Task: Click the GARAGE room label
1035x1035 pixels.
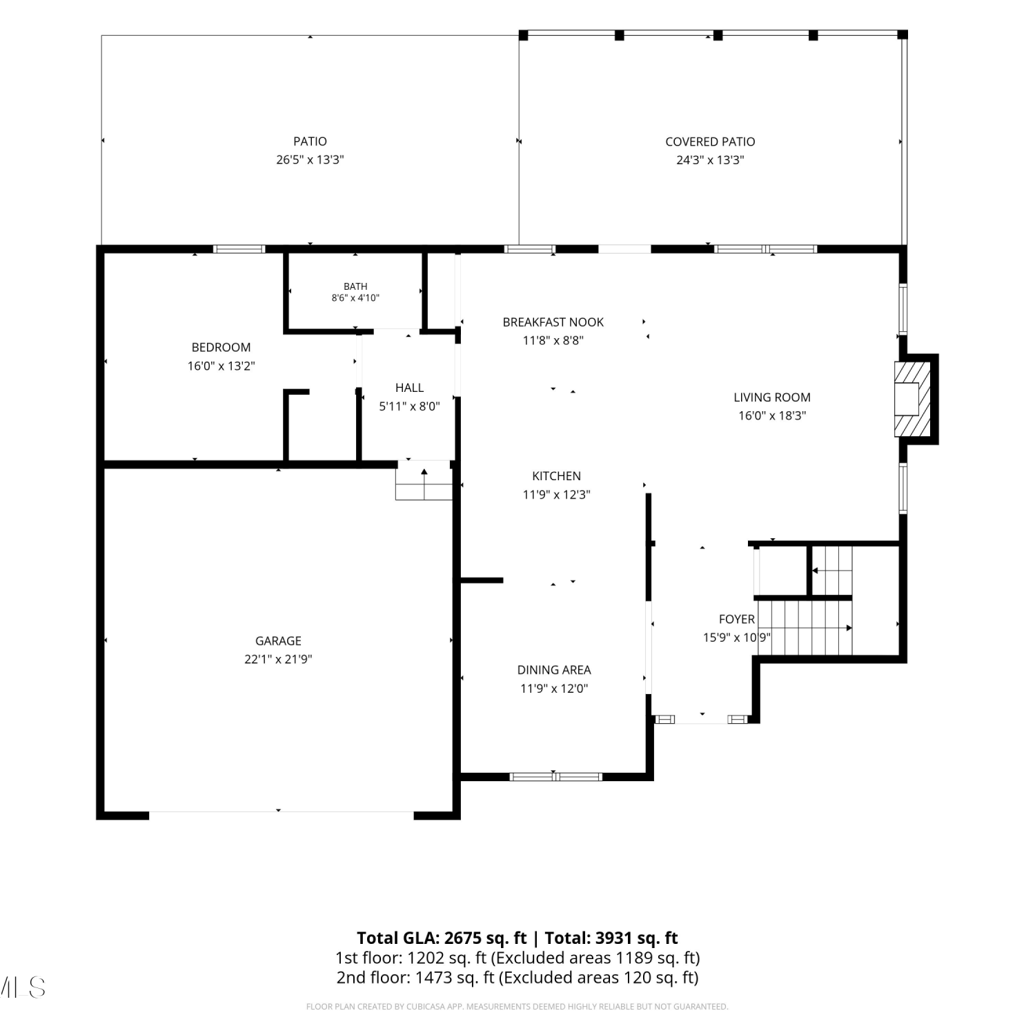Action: click(x=278, y=641)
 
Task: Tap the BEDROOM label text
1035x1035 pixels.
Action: click(x=221, y=348)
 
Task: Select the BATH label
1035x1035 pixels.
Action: click(x=355, y=286)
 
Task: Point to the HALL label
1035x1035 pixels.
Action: click(x=409, y=388)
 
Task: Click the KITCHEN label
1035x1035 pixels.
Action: click(x=556, y=476)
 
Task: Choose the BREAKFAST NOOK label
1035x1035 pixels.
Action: click(x=553, y=322)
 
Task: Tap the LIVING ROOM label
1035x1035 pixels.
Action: click(x=771, y=397)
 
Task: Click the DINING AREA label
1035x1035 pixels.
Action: click(x=554, y=670)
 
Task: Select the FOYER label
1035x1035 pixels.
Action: click(x=737, y=620)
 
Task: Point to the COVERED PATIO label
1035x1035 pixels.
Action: click(x=710, y=142)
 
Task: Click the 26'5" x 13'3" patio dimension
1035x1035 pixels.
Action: click(x=310, y=160)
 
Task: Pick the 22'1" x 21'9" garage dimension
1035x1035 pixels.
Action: click(x=278, y=660)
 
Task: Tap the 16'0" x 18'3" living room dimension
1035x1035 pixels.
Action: click(x=771, y=416)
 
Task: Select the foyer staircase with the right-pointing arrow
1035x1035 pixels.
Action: click(x=805, y=628)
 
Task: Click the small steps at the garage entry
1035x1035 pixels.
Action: click(x=424, y=481)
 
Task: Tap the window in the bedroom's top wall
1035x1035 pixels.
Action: click(x=239, y=249)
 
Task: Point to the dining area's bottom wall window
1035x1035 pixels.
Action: click(x=556, y=777)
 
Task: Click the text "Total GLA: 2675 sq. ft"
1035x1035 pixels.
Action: click(x=442, y=938)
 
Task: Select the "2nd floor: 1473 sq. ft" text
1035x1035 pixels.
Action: click(x=415, y=978)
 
